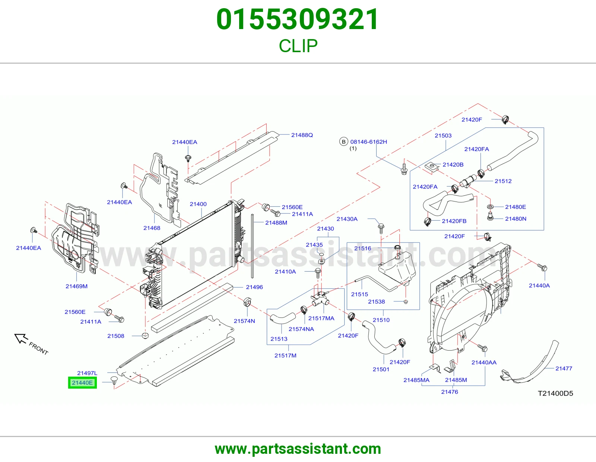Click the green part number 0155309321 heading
click(298, 19)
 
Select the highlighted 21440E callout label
click(82, 383)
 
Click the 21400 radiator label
click(198, 204)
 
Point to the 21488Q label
click(302, 135)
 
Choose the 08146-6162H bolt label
click(369, 142)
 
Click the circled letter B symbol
click(344, 142)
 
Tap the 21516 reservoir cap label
click(362, 248)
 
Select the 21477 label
click(564, 368)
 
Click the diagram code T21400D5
click(555, 393)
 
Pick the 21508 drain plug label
click(116, 336)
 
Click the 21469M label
click(76, 286)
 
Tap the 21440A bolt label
click(539, 286)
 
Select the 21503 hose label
click(443, 136)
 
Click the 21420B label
click(453, 165)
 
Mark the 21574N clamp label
click(244, 321)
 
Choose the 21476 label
click(450, 392)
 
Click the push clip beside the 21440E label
click(114, 380)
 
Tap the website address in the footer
click(298, 449)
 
